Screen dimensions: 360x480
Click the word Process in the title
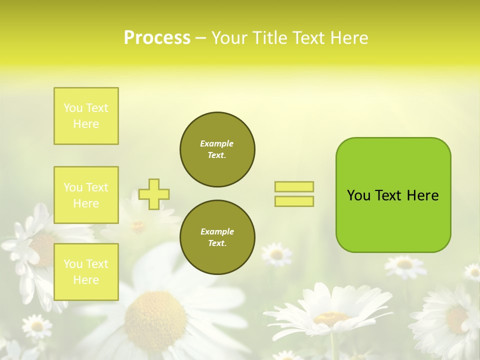point(157,38)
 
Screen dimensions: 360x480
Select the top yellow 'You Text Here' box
point(86,116)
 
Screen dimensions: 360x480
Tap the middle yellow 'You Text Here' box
point(86,195)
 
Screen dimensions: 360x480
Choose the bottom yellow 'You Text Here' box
point(86,271)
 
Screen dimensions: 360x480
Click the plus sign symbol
point(154,194)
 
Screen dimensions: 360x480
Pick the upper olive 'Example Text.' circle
point(217,149)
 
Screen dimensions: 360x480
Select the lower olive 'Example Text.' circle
point(217,237)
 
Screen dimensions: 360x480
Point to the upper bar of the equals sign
point(294,186)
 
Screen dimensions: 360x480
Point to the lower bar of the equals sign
point(294,201)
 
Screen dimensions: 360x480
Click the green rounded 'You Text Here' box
point(393,195)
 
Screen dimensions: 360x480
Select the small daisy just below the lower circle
point(276,254)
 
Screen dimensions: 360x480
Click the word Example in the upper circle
point(217,143)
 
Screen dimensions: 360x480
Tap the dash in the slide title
point(201,38)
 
